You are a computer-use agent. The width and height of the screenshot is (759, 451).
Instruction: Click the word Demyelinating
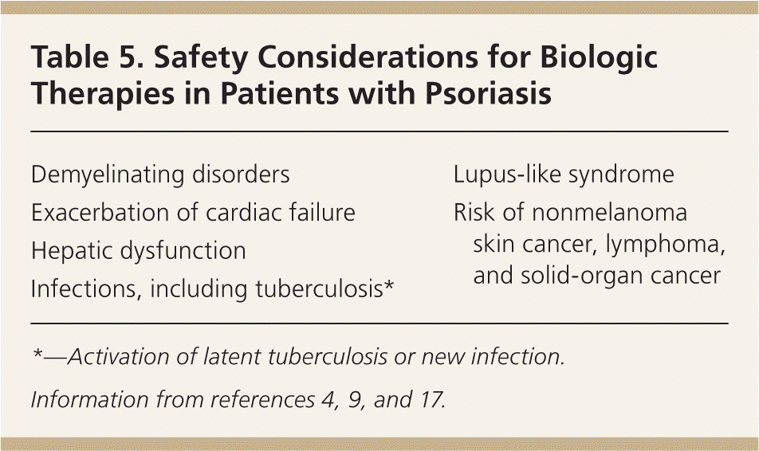point(108,175)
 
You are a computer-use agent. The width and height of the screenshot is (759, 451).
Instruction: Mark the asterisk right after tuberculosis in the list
point(389,284)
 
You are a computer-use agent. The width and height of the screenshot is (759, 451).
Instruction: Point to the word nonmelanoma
point(609,213)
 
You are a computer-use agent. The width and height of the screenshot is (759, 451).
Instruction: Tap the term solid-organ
point(582,276)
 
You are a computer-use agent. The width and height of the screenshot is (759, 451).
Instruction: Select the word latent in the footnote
point(231,357)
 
